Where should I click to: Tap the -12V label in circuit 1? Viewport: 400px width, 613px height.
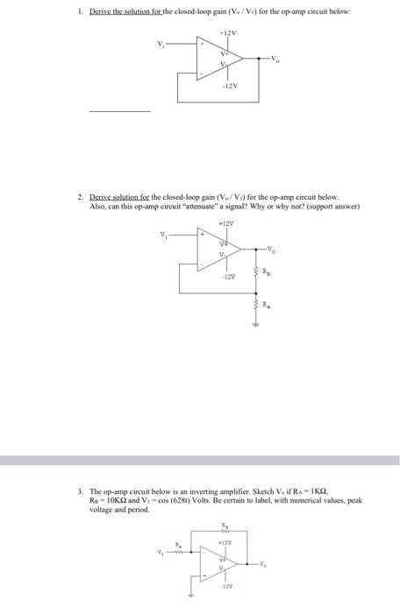(x=230, y=88)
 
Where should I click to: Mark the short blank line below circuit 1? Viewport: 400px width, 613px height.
(x=119, y=111)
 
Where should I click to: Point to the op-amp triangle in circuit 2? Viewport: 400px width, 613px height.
(x=221, y=249)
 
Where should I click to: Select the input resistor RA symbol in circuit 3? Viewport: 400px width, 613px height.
(x=180, y=552)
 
